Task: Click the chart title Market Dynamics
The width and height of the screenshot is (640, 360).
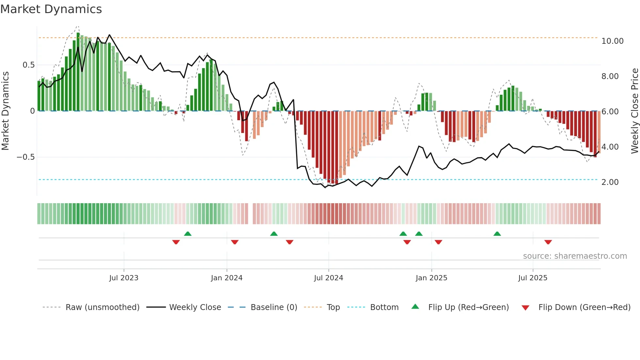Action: point(51,9)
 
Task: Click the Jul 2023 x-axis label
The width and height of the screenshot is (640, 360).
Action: point(124,278)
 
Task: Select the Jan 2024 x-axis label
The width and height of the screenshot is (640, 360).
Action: point(227,278)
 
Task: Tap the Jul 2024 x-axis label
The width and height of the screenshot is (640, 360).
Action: point(328,278)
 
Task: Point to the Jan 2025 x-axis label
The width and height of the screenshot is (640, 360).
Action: point(431,278)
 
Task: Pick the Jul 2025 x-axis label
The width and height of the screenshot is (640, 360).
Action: point(533,278)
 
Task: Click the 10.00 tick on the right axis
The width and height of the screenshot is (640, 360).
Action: point(612,41)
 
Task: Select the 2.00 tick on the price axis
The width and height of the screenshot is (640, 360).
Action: point(610,182)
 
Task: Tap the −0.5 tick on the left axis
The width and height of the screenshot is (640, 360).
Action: point(25,157)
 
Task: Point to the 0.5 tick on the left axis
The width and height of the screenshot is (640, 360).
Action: point(28,65)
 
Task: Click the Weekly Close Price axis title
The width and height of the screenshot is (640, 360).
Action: point(634,111)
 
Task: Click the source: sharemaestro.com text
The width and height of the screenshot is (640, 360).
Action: point(575,256)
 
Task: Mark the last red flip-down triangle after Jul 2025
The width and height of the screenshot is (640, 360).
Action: point(548,242)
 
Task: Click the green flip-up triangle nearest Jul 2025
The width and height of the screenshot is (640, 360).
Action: point(497,234)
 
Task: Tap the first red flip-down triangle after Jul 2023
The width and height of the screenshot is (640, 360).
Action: point(176,242)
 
